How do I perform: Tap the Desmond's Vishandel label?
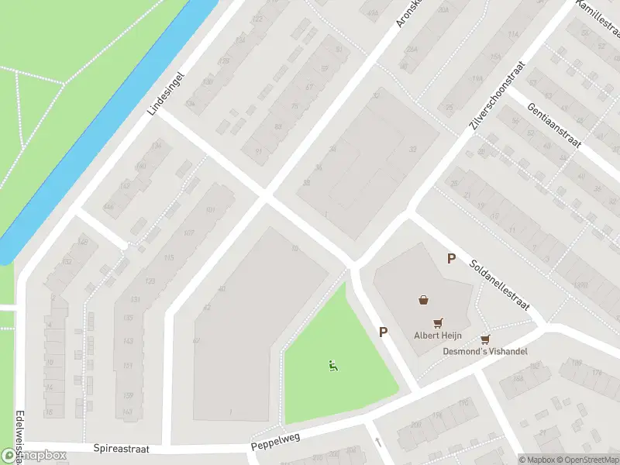pos(485,351)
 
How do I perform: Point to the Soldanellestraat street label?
pos(499,284)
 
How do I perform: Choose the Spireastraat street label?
pos(120,448)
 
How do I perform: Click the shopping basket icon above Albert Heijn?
pos(423,300)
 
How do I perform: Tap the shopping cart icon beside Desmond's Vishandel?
pos(485,339)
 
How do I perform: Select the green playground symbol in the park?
pos(333,366)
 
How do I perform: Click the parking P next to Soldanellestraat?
pos(450,259)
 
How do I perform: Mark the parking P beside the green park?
pos(383,332)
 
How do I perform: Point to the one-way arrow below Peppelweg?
pos(378,443)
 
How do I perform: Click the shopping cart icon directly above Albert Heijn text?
pos(439,322)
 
